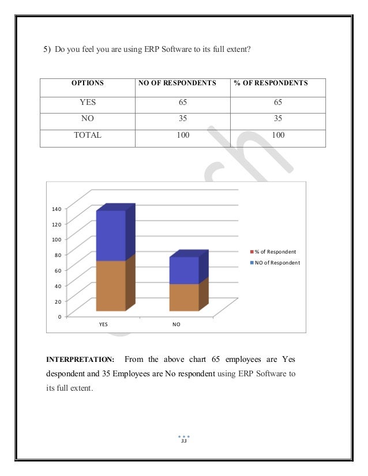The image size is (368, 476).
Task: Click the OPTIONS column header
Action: [87, 83]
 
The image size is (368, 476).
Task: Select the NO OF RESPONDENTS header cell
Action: [177, 83]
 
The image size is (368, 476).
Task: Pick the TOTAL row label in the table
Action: [87, 135]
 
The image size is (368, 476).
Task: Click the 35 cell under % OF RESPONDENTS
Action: [277, 119]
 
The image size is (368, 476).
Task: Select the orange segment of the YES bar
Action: [110, 285]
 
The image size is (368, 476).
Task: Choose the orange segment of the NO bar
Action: [183, 297]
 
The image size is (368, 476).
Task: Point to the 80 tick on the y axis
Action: [57, 254]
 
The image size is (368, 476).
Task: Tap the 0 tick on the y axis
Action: [59, 316]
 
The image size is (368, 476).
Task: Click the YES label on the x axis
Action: [103, 324]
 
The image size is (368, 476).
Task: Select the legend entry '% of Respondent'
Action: [275, 252]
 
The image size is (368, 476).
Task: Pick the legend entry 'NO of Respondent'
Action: [277, 263]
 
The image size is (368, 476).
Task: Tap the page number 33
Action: [184, 441]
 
